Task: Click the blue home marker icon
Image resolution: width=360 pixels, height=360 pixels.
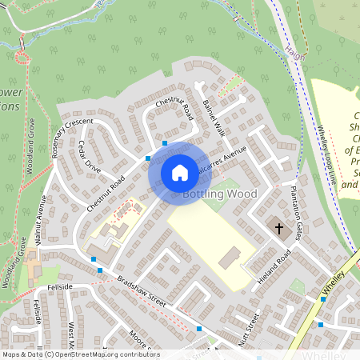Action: (x=180, y=172)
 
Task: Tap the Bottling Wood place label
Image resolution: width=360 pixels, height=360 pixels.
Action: (x=219, y=194)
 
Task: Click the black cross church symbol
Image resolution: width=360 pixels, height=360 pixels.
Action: (x=279, y=228)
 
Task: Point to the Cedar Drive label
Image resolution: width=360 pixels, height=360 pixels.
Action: (x=90, y=157)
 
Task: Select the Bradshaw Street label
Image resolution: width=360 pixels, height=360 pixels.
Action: (x=141, y=291)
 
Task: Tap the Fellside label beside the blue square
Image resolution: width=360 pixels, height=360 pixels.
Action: (x=60, y=286)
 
